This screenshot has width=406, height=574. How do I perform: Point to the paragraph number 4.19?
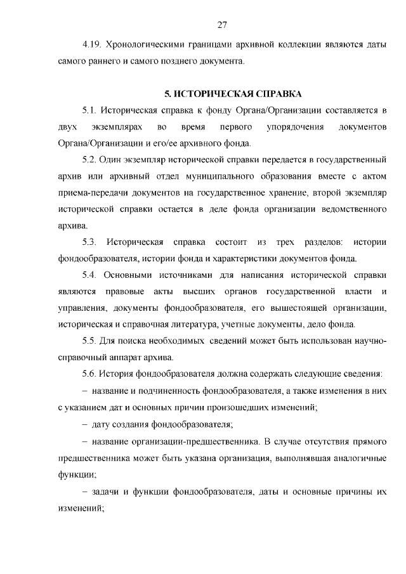point(93,46)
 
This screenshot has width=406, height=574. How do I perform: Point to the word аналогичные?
point(356,456)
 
